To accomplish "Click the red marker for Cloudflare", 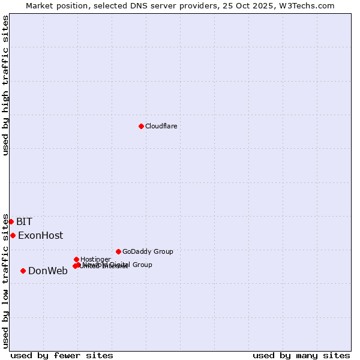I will (141, 126).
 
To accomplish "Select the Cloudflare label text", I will (161, 126).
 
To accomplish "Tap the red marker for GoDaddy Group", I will (118, 251).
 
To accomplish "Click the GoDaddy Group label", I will (148, 251).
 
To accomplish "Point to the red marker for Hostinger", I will (76, 259).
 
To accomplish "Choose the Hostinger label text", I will (95, 259).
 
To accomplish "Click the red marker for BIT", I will (11, 221).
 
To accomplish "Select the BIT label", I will (24, 221).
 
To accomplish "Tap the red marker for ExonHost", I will (13, 235).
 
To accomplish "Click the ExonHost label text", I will (40, 235).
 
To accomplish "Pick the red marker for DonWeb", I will (23, 271).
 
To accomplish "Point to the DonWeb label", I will (48, 271).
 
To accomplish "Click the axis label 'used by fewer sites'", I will (62, 355).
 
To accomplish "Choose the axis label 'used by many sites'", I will (301, 355).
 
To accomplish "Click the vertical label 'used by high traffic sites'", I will (5, 85).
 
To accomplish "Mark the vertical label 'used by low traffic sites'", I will (5, 281).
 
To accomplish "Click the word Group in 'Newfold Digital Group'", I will (142, 265).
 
